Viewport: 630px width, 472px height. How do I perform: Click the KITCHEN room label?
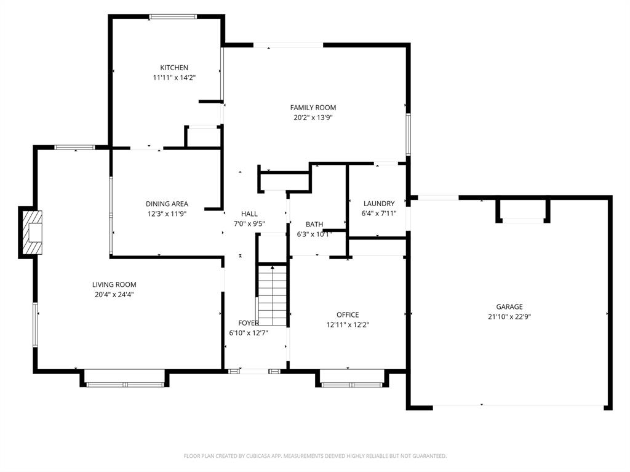tap(174, 68)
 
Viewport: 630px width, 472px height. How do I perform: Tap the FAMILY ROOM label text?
tap(313, 108)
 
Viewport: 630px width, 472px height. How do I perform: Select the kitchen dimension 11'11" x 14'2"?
tap(174, 78)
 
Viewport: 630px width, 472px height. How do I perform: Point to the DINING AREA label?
tap(167, 204)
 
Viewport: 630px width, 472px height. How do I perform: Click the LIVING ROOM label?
tap(114, 284)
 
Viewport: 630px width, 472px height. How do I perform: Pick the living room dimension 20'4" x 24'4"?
tap(114, 294)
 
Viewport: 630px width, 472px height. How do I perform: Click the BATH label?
tap(314, 224)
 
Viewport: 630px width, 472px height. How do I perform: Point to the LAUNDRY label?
tap(378, 204)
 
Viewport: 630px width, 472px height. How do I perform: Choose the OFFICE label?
tap(348, 315)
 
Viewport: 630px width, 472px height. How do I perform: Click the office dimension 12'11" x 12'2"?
tap(348, 325)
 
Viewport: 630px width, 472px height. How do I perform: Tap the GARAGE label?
tap(509, 306)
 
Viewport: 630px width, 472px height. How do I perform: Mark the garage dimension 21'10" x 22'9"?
tap(509, 316)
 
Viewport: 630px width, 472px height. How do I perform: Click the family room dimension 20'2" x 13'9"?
tap(313, 118)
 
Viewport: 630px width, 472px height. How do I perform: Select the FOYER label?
tap(249, 322)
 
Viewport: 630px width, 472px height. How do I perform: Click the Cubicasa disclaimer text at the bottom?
tap(315, 456)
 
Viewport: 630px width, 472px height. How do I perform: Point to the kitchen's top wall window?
tap(173, 17)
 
